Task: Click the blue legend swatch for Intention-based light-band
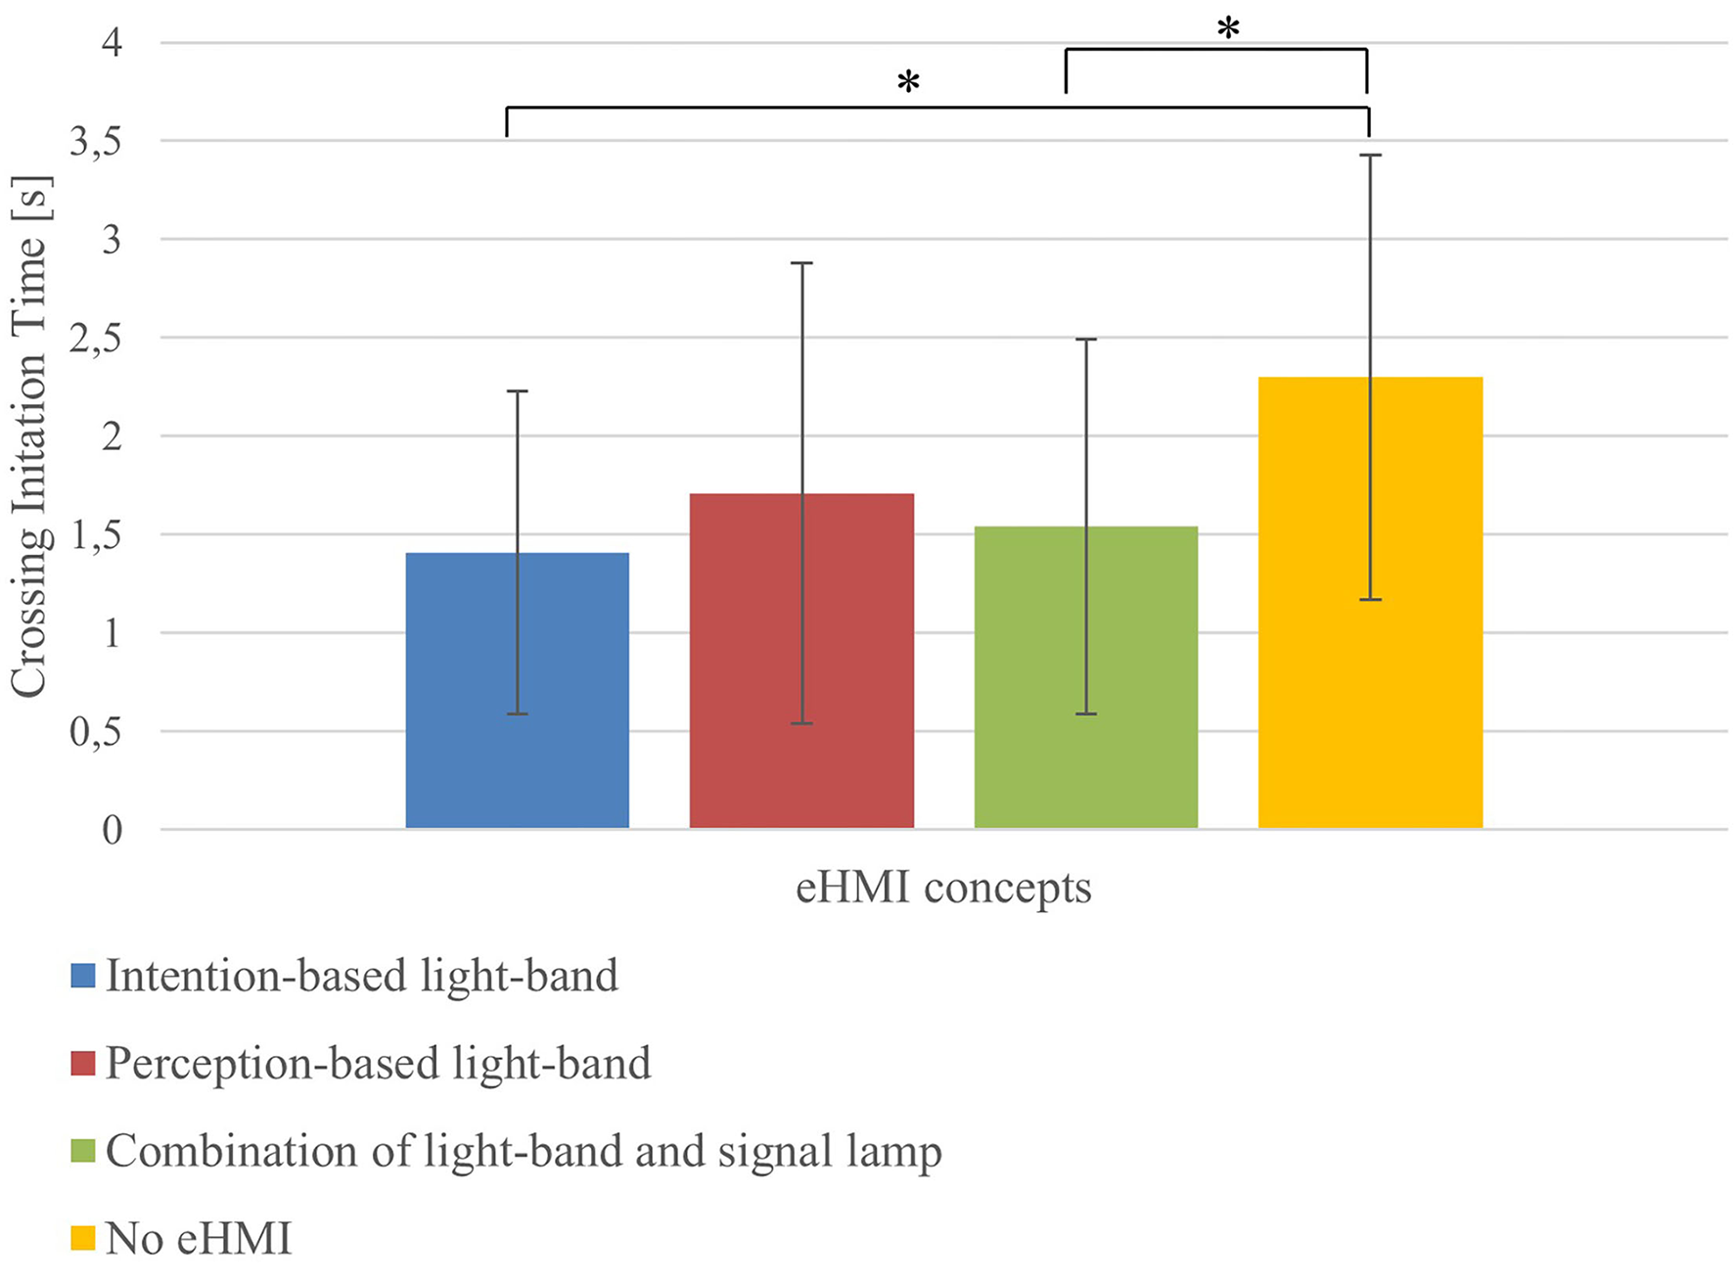click(x=83, y=976)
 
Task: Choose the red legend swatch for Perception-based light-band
click(x=83, y=1064)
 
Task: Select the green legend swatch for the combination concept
click(x=83, y=1151)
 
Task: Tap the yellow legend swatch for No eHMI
click(x=83, y=1239)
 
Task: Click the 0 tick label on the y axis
click(x=112, y=831)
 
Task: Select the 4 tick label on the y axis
click(x=112, y=43)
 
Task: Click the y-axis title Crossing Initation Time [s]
click(x=29, y=436)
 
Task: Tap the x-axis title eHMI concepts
click(x=943, y=888)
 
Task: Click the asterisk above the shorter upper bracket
click(x=1228, y=29)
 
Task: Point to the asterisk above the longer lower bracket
click(x=908, y=83)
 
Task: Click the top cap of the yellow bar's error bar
click(x=1370, y=155)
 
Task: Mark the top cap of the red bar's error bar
click(x=801, y=263)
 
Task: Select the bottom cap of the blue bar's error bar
click(x=517, y=714)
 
